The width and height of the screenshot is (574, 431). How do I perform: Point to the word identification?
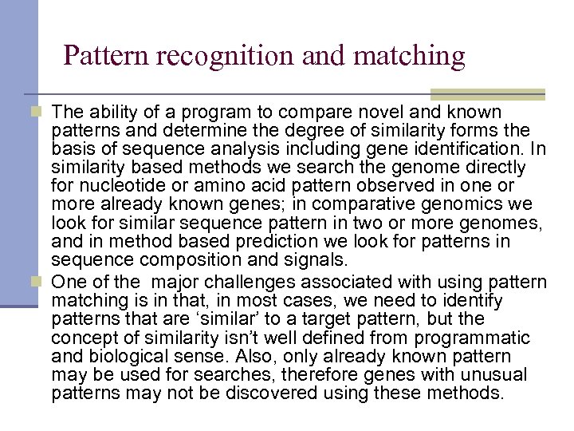(x=474, y=148)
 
